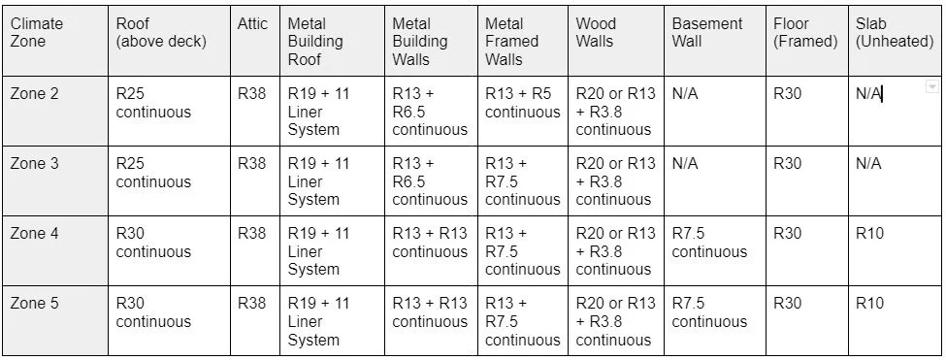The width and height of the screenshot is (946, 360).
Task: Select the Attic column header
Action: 252,24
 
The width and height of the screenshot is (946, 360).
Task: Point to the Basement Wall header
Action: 706,33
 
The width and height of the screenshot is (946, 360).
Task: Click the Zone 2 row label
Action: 34,94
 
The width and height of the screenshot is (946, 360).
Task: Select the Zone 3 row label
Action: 34,164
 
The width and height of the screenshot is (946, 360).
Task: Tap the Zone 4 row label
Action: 34,234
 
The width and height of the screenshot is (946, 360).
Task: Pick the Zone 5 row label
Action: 34,304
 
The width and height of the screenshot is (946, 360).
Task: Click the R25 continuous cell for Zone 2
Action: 153,103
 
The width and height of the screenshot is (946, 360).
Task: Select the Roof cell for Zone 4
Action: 153,243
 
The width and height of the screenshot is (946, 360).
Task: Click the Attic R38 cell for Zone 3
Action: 252,164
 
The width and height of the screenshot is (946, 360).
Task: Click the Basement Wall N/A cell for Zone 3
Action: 684,164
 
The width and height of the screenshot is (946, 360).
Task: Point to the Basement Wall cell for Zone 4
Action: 709,243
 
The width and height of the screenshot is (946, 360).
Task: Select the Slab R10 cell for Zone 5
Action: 869,304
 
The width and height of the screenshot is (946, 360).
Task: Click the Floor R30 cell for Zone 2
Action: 787,94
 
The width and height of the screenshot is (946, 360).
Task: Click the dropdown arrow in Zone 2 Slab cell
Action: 932,86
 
